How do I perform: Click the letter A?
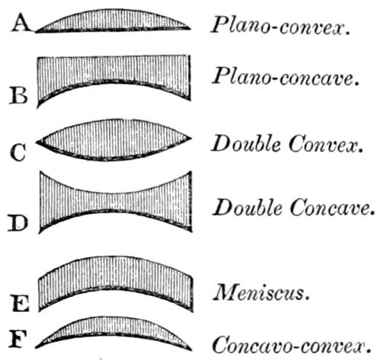click(22, 23)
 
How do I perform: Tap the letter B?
click(18, 95)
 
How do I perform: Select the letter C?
click(18, 152)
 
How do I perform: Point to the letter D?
click(18, 222)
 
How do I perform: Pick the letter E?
click(21, 303)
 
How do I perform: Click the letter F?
click(18, 339)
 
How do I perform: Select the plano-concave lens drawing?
click(114, 70)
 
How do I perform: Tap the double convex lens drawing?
click(114, 140)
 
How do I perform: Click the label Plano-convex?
click(280, 25)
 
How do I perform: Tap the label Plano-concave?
click(286, 76)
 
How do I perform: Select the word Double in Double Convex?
click(246, 143)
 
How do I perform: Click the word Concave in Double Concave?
click(332, 208)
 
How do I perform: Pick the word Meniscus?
click(261, 292)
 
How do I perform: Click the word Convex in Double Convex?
click(326, 143)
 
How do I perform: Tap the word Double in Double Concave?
click(248, 207)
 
